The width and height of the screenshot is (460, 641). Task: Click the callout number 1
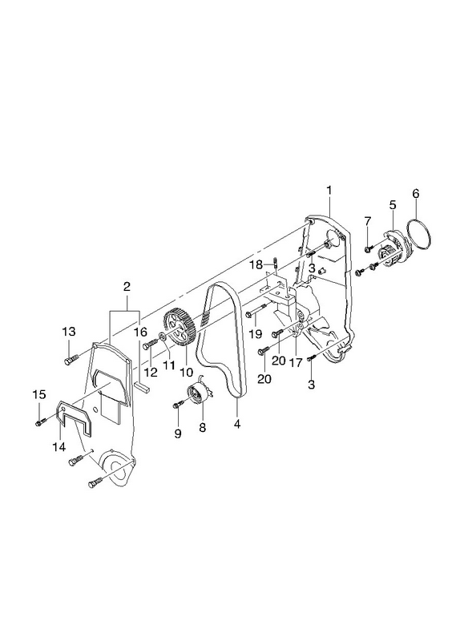[329, 191]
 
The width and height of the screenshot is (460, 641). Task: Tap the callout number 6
[415, 193]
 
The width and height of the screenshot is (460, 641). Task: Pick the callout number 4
[237, 425]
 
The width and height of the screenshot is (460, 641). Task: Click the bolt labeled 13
[71, 360]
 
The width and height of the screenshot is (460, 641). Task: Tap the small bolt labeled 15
[40, 422]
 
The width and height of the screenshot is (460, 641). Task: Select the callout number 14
[59, 447]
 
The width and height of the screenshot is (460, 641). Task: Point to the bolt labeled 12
[150, 345]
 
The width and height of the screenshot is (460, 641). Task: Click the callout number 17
[295, 362]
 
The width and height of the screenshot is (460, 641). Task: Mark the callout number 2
[127, 286]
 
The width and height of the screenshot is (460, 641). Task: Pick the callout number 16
[140, 332]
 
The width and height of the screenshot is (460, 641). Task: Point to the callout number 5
[393, 205]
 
